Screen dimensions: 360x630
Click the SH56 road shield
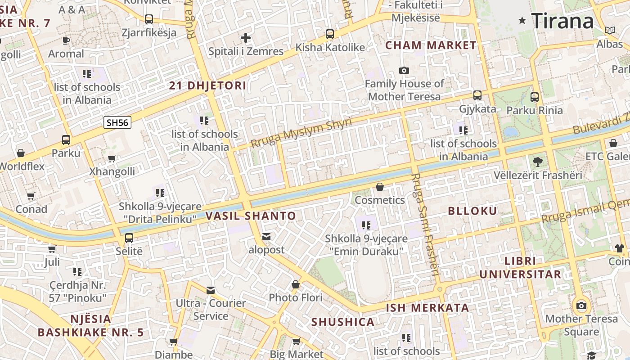[x=117, y=122]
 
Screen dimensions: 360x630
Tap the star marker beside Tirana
[x=522, y=20]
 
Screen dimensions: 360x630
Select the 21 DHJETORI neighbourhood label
[x=207, y=85]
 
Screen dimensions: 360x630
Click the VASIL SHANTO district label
[x=251, y=216]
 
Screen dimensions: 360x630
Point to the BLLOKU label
[x=472, y=211]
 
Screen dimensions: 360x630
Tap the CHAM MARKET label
[x=431, y=45]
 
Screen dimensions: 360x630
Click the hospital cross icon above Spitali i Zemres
[x=246, y=38]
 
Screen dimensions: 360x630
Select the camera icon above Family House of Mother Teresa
[x=404, y=70]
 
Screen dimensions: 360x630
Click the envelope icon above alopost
[x=267, y=236]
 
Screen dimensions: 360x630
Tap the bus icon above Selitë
[x=129, y=238]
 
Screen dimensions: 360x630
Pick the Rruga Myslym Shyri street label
[x=301, y=134]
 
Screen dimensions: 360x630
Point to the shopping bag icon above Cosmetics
[x=380, y=187]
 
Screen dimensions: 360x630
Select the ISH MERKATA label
[x=427, y=308]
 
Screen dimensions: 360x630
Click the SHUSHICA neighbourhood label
[x=343, y=322]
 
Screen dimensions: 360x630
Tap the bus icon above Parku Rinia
[x=535, y=97]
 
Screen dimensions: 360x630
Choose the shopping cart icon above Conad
[x=31, y=196]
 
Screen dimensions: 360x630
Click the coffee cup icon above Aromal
[x=66, y=40]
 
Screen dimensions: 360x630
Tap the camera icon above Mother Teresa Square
[x=581, y=306]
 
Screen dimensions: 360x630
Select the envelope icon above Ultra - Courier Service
[x=211, y=290]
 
